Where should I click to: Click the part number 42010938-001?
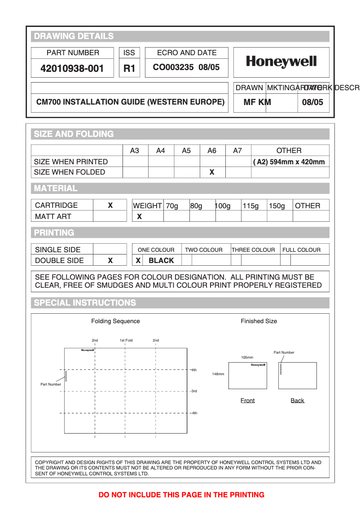72,69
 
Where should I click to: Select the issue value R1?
129,69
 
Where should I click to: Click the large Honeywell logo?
281,62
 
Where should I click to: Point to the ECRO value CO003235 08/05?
186,67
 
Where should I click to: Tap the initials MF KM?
257,102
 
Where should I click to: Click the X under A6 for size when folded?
212,172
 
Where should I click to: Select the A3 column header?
135,151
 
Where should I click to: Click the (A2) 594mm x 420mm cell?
290,162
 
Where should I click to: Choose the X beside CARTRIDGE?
110,206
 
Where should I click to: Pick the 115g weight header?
251,206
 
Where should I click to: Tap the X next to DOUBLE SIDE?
110,261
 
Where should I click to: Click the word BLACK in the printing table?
161,261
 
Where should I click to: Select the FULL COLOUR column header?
301,250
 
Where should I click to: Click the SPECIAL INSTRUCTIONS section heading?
85,303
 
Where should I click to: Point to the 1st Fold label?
126,340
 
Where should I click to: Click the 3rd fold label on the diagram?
193,391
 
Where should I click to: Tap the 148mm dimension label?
218,374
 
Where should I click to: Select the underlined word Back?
297,401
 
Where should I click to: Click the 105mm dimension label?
247,358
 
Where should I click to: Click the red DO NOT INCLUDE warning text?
181,495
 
